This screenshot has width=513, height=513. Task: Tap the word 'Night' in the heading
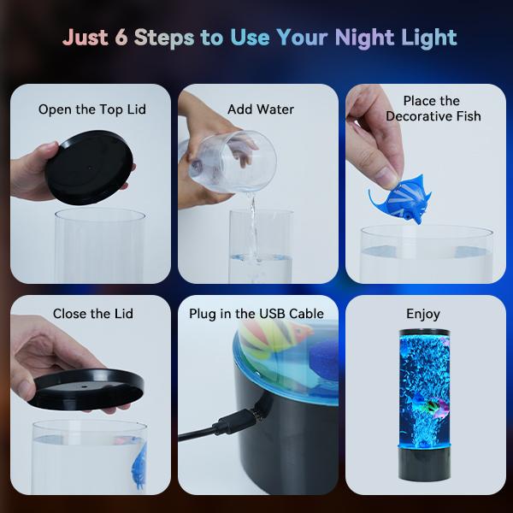[x=363, y=38]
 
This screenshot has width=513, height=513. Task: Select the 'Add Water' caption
[x=260, y=109]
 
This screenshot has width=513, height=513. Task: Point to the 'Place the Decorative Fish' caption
[x=432, y=109]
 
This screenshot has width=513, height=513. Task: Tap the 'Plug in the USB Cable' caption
[x=256, y=314]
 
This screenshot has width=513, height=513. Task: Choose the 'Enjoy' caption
[x=423, y=314]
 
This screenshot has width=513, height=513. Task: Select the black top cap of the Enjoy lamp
[x=425, y=333]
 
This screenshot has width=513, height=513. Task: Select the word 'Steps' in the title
[x=166, y=38]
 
